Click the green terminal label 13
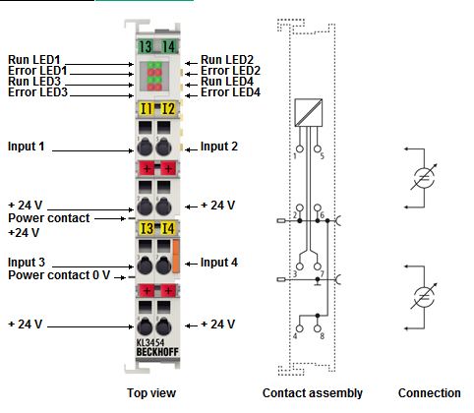click(146, 46)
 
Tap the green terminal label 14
click(168, 46)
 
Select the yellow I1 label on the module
click(146, 109)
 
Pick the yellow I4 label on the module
click(168, 228)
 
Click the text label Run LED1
click(34, 60)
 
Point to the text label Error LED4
click(230, 92)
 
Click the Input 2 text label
click(219, 147)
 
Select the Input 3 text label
click(27, 263)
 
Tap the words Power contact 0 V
click(59, 275)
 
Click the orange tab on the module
click(176, 256)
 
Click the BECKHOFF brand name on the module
click(157, 352)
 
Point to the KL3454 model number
click(150, 343)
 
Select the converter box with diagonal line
click(309, 112)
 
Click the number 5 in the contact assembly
click(322, 155)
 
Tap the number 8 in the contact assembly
click(322, 336)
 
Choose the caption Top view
click(151, 393)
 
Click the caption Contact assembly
click(313, 393)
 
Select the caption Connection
click(430, 393)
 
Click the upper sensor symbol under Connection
click(424, 178)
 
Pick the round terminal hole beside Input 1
click(145, 147)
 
